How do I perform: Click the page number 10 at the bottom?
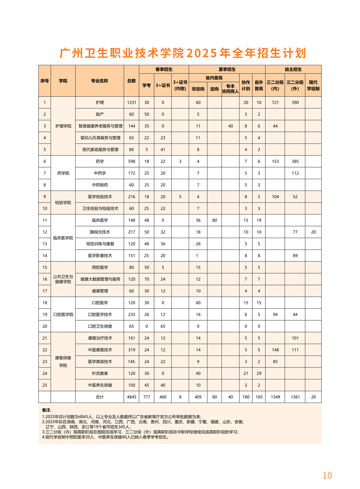[x=327, y=475]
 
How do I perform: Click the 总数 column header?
[x=131, y=81]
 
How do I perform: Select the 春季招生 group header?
[x=164, y=69]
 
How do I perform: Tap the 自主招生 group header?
[x=293, y=69]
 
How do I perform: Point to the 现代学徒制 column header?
[x=313, y=85]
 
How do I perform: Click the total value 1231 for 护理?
[x=131, y=102]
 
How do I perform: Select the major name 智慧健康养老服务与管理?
[x=100, y=126]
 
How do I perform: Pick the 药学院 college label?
[x=63, y=173]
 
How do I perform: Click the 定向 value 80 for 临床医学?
[x=215, y=220]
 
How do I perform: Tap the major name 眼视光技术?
[x=100, y=232]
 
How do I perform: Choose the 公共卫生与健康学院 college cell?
[x=63, y=279]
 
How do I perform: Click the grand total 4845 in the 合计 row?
[x=131, y=397]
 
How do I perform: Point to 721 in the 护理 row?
[x=275, y=102]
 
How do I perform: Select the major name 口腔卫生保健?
[x=100, y=326]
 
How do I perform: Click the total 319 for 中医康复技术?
[x=131, y=350]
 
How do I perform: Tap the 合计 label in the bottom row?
[x=100, y=397]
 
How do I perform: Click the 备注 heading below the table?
[x=46, y=410]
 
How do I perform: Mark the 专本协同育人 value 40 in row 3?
[x=230, y=126]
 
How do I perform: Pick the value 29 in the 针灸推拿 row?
[x=259, y=373]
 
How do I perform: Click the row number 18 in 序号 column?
[x=45, y=303]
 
